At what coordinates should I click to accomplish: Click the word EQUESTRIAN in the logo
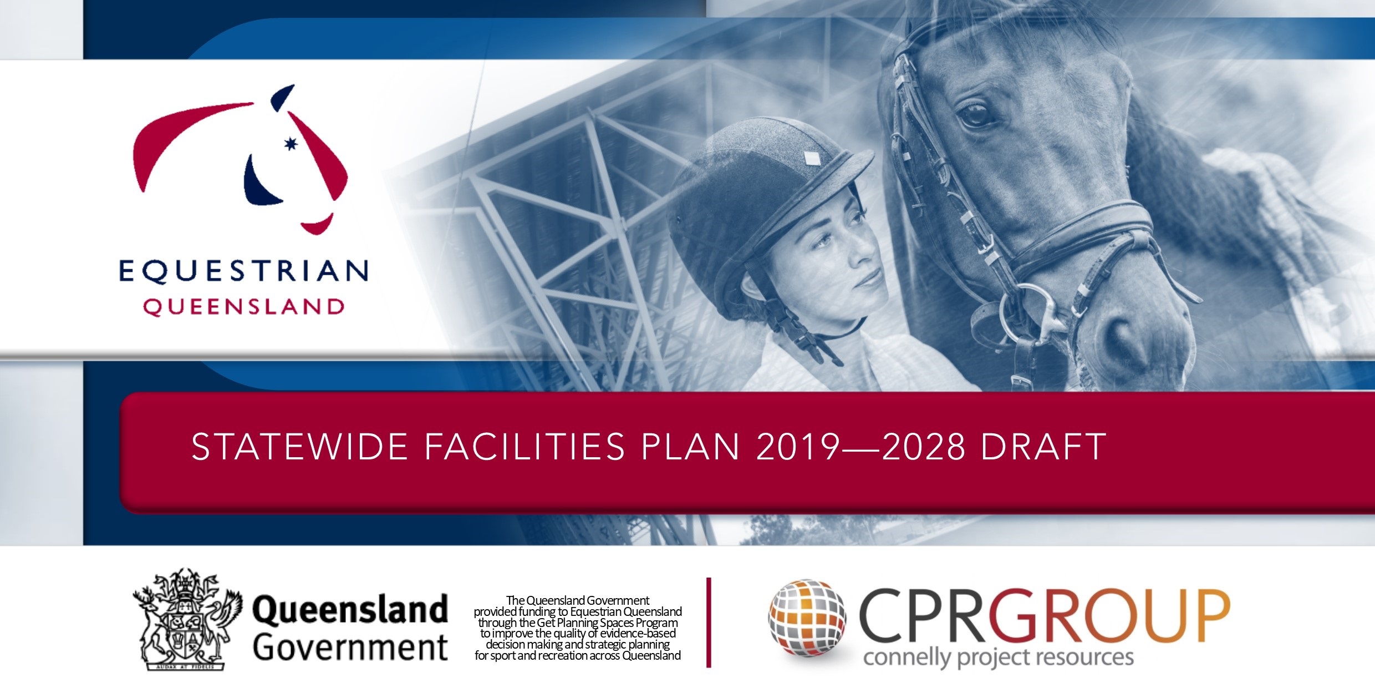(243, 271)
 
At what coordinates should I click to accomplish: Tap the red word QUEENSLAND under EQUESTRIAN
(244, 307)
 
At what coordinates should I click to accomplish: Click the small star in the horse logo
(291, 144)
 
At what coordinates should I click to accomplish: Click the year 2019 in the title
(797, 447)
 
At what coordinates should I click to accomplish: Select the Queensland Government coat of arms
(187, 619)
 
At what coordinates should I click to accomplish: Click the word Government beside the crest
(350, 647)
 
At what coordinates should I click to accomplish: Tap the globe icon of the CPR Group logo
(808, 618)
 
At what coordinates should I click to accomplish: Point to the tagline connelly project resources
(998, 657)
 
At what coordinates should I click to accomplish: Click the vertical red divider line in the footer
(709, 622)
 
